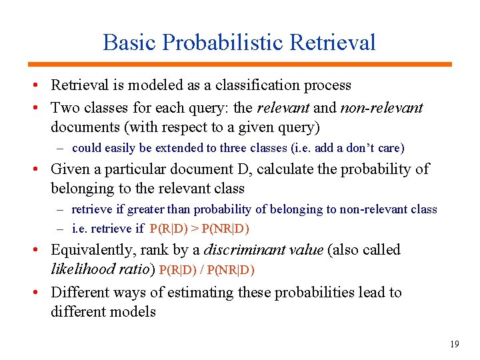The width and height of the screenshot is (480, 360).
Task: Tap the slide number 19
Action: point(455,344)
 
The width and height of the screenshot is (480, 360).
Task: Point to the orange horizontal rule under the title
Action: point(239,65)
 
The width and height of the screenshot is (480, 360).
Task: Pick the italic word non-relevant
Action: point(381,107)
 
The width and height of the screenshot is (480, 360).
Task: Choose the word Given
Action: point(71,169)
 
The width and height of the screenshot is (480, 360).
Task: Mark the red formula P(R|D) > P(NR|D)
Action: point(199,229)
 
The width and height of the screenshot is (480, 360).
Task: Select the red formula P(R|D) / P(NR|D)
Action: point(207,270)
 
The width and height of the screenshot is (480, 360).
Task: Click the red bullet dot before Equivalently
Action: point(41,251)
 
